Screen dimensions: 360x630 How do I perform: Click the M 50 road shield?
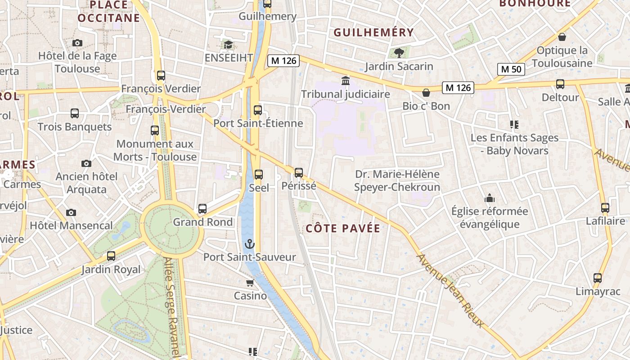click(x=511, y=69)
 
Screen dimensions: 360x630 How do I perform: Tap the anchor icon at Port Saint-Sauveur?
click(x=249, y=244)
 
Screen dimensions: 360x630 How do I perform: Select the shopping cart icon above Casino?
click(x=250, y=283)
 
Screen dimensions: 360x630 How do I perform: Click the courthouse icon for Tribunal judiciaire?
click(x=346, y=81)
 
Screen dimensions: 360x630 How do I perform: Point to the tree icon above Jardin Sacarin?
click(x=399, y=53)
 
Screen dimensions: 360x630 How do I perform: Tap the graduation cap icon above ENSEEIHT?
click(x=229, y=45)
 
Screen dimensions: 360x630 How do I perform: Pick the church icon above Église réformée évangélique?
click(x=490, y=198)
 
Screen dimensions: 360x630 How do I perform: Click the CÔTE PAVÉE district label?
click(x=343, y=229)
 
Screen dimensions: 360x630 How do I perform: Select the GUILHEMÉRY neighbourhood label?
click(x=373, y=32)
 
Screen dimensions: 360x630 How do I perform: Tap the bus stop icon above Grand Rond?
click(x=202, y=209)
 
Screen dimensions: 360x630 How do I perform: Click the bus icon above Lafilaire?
click(x=605, y=208)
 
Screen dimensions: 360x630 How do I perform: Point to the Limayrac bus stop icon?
click(x=598, y=278)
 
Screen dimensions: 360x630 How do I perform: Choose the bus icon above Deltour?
click(x=560, y=84)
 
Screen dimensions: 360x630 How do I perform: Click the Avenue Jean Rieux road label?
click(x=450, y=291)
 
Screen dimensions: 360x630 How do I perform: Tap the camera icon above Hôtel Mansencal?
click(x=71, y=212)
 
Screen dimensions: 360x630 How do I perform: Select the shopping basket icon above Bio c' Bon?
click(x=426, y=93)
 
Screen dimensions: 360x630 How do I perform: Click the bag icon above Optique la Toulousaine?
click(x=562, y=37)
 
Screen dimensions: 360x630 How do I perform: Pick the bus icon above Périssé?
click(x=299, y=173)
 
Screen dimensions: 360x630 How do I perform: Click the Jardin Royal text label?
click(x=111, y=270)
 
